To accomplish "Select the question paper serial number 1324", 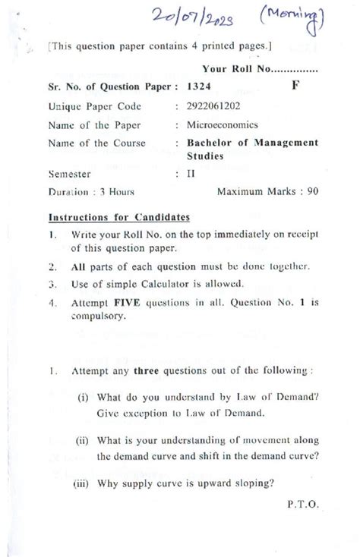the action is (199, 89).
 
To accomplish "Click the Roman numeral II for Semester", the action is (192, 173).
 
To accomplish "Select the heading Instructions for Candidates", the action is (119, 216).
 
